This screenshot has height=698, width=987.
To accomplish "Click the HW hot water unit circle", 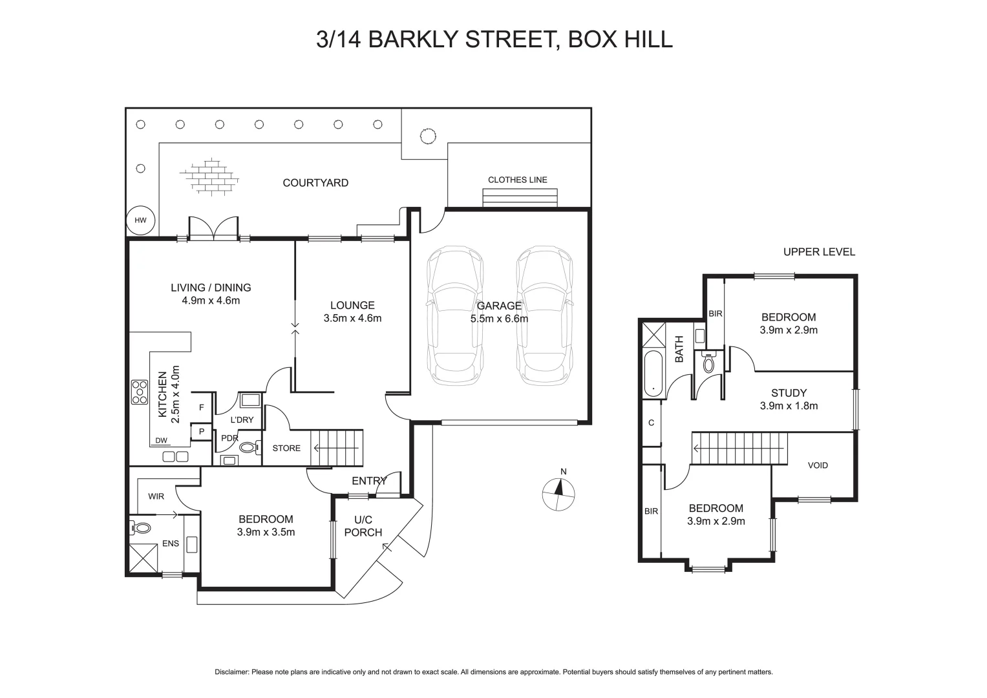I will pos(140,220).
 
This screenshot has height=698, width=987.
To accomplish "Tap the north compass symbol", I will pos(558,494).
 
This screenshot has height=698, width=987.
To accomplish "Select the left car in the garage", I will pos(455,315).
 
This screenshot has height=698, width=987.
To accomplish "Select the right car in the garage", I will pos(544,315).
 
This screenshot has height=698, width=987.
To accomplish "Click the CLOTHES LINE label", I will pos(517,180).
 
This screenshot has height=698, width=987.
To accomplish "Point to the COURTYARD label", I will pos(315,183).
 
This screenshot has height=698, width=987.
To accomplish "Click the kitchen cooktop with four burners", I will pos(140,392).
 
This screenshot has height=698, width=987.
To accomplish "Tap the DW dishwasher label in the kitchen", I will pos(162,441).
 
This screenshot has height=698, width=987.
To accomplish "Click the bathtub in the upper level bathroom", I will pos(653,373).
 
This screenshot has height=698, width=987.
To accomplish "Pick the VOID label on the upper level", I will pos(818,465).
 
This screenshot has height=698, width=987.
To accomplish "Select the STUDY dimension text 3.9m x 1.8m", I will pos(789,406).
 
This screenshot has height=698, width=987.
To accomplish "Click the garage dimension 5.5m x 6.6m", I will pos(499,319).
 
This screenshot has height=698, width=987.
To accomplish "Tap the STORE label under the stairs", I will pos(286,448).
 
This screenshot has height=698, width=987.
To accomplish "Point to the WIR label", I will pos(156,496).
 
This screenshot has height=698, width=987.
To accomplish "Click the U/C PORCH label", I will pos(363,526).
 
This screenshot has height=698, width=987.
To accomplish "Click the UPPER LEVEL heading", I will pos(819,252).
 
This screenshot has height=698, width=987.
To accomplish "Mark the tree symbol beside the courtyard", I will pos(427,136).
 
